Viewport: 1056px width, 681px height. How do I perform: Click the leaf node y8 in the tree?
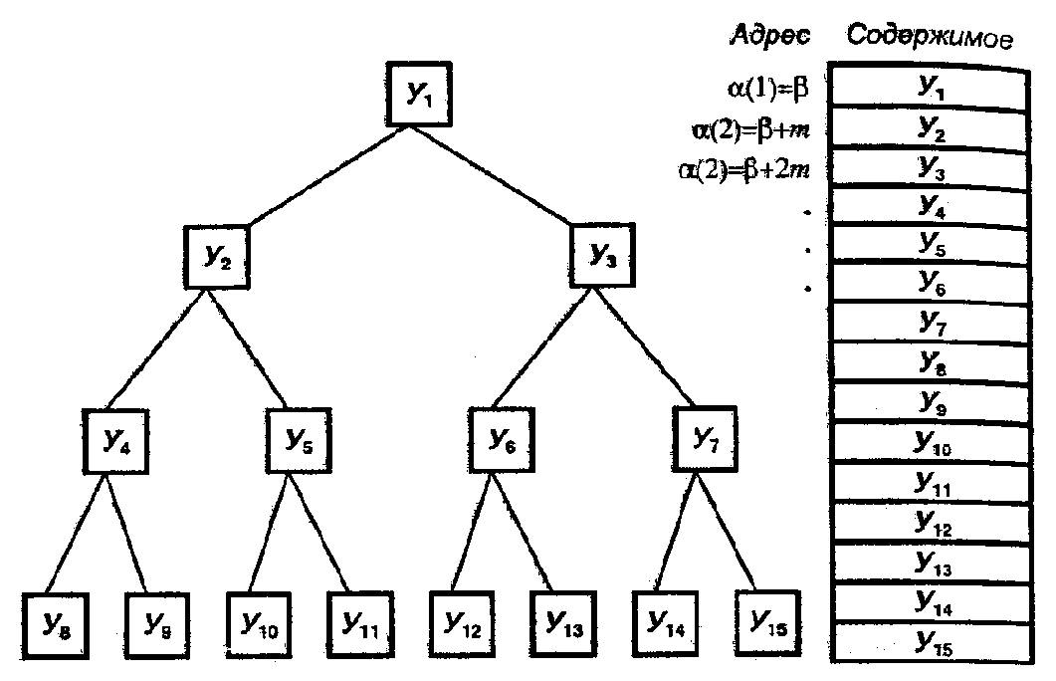point(52,625)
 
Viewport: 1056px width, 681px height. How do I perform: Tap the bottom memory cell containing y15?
point(930,644)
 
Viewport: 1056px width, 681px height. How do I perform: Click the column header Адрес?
point(770,37)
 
